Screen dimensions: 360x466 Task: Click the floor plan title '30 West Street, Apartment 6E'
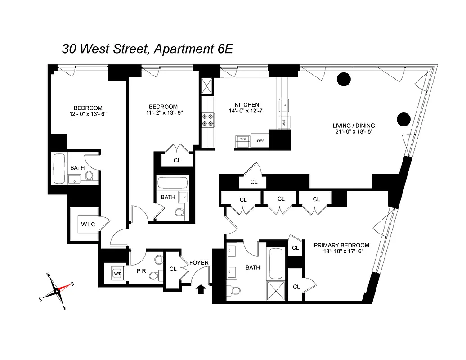(x=147, y=49)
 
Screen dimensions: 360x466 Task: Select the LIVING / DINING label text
(x=353, y=126)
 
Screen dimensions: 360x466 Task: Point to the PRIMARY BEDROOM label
(x=341, y=245)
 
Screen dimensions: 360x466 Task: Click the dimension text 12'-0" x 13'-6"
(x=88, y=114)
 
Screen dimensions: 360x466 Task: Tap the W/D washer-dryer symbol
(x=117, y=273)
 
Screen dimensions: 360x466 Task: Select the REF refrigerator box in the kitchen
(x=260, y=140)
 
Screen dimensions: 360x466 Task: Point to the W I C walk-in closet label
(x=88, y=224)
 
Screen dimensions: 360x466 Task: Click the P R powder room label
(x=140, y=271)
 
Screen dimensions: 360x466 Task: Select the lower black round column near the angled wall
(x=403, y=119)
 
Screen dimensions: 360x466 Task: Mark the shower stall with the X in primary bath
(x=276, y=290)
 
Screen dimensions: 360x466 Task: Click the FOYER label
(x=198, y=262)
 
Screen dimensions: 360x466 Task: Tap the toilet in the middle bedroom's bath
(x=179, y=211)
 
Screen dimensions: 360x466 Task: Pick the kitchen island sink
(x=285, y=104)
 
